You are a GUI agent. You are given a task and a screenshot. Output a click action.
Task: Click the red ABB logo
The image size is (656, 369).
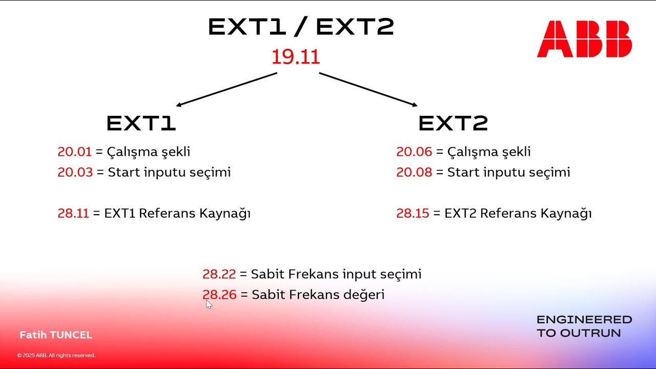click(584, 39)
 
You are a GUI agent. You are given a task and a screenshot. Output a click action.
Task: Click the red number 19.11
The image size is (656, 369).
click(296, 57)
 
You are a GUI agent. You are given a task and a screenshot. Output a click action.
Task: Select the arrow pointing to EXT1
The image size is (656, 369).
click(227, 89)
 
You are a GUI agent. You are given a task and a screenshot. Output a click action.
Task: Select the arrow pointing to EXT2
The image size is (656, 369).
click(368, 89)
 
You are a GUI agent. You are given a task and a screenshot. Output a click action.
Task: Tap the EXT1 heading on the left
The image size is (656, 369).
click(141, 124)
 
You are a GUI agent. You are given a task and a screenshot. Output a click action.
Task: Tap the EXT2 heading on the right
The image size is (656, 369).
click(453, 124)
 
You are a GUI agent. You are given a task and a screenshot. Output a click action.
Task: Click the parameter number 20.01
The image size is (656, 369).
click(74, 152)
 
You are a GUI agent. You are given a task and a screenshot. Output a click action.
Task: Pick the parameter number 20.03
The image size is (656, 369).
click(75, 172)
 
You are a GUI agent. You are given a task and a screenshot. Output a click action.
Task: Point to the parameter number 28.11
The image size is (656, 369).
click(73, 213)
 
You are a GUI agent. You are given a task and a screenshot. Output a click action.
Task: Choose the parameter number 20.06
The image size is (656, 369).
click(414, 152)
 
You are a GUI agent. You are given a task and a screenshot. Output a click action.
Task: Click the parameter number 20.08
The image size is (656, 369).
click(414, 172)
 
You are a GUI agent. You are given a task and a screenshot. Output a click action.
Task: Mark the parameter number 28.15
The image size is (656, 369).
click(413, 213)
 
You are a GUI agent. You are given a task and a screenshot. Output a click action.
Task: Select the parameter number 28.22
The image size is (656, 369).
click(219, 274)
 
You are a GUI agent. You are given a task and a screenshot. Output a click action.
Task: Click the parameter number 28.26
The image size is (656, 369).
click(219, 295)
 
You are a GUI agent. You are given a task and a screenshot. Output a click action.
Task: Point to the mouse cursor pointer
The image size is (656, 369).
click(209, 304)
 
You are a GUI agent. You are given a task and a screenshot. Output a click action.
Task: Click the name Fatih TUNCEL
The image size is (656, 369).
click(56, 335)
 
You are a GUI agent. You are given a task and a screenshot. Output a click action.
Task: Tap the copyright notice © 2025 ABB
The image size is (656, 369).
click(56, 355)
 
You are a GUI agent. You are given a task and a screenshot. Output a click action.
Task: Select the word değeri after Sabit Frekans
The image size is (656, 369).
click(365, 295)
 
